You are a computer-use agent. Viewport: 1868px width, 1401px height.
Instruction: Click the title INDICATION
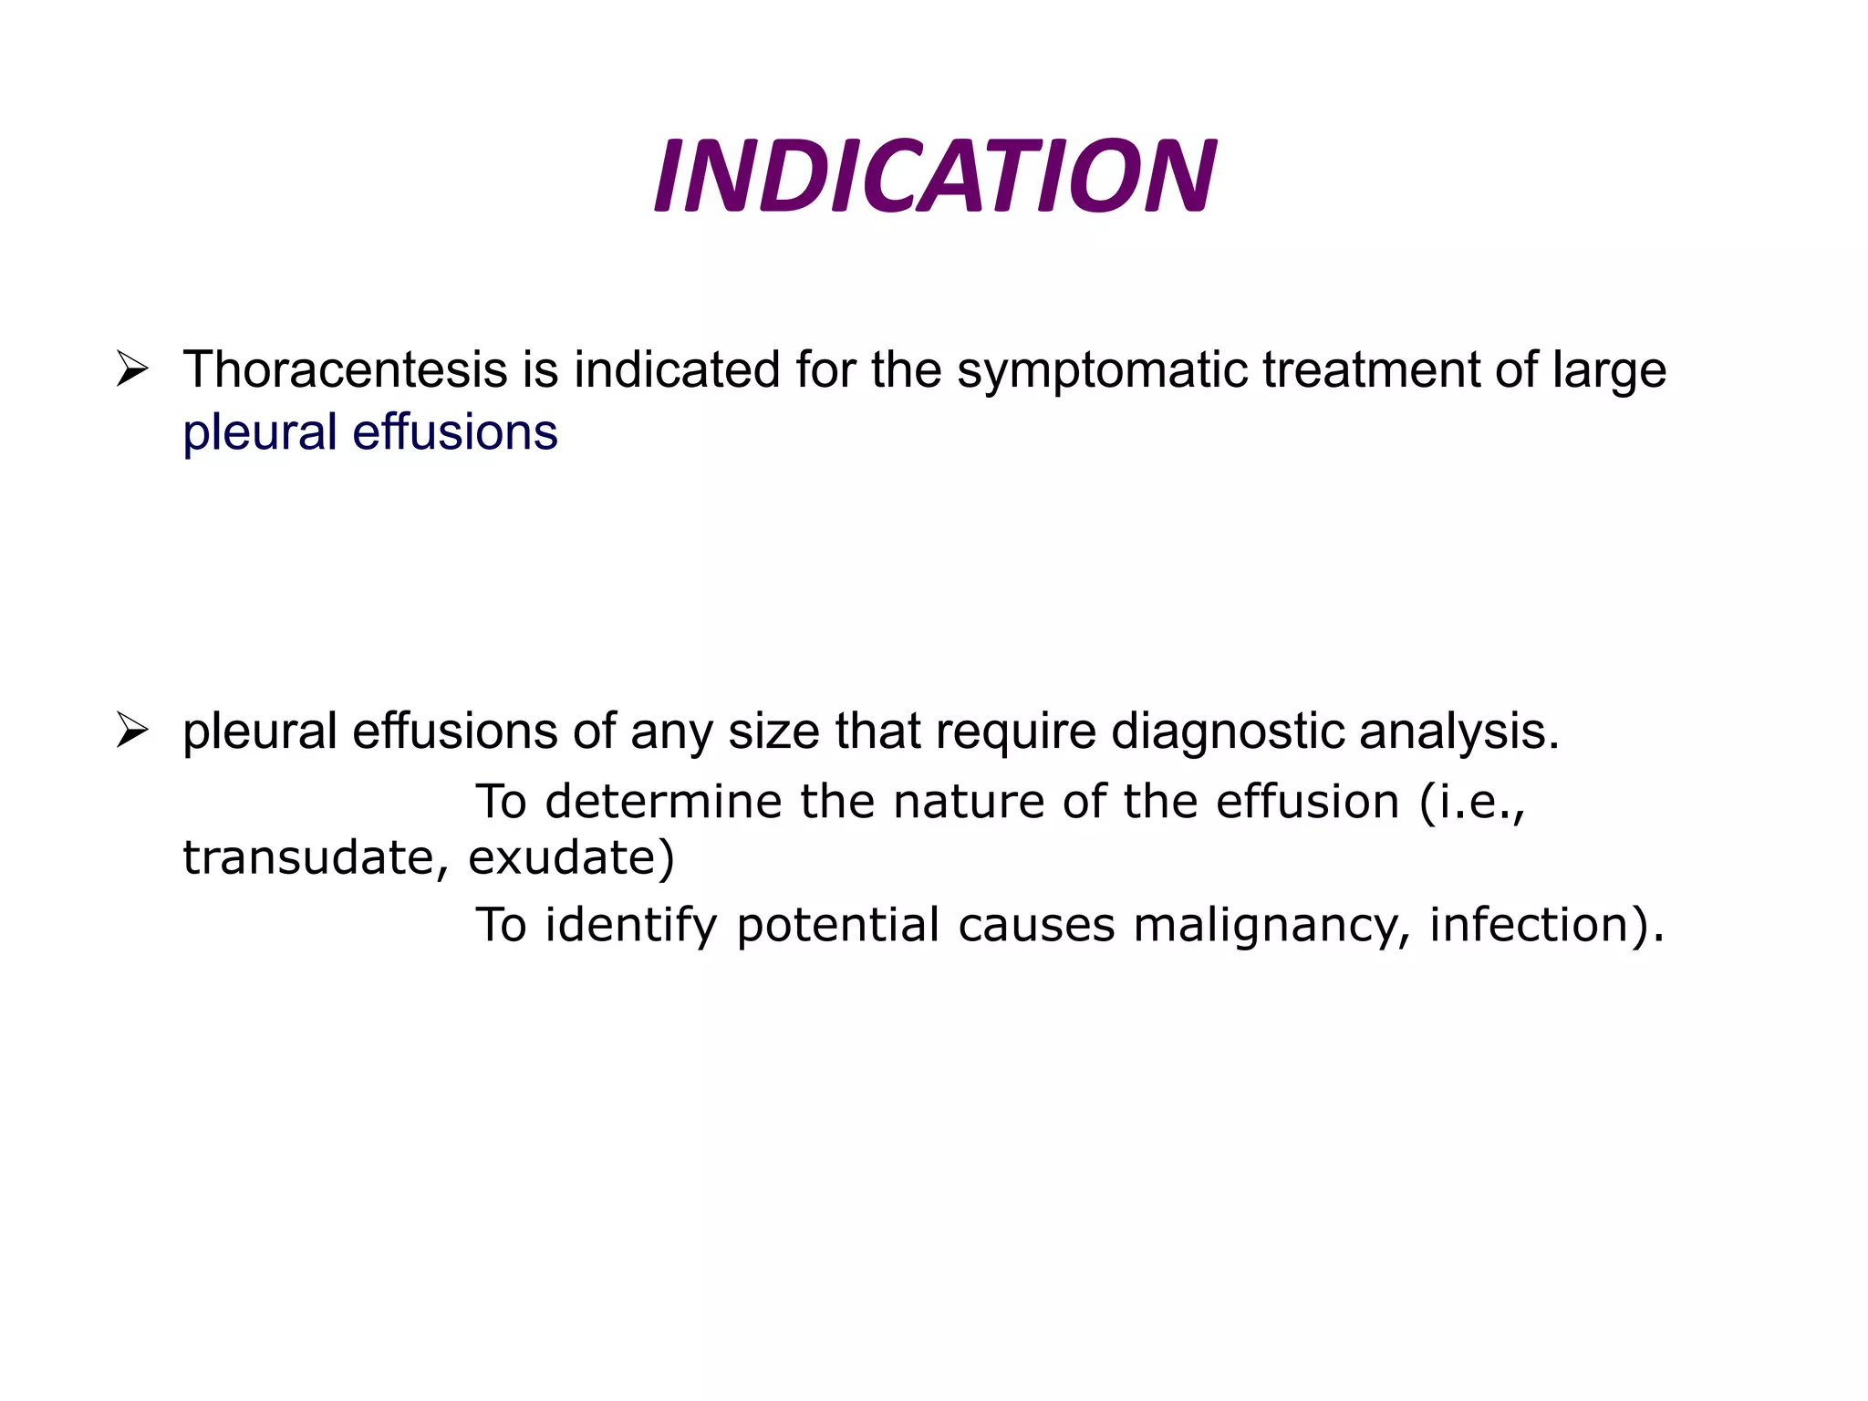934,176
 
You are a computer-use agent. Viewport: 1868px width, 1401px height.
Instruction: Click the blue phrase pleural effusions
369,432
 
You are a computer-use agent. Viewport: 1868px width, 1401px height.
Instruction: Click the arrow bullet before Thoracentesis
132,370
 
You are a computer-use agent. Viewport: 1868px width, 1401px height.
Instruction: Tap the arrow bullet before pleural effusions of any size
132,732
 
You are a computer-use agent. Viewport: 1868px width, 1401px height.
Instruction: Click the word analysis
1459,732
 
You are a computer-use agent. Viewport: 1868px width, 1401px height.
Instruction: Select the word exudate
571,858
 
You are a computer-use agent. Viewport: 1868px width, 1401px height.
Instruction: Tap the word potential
837,926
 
